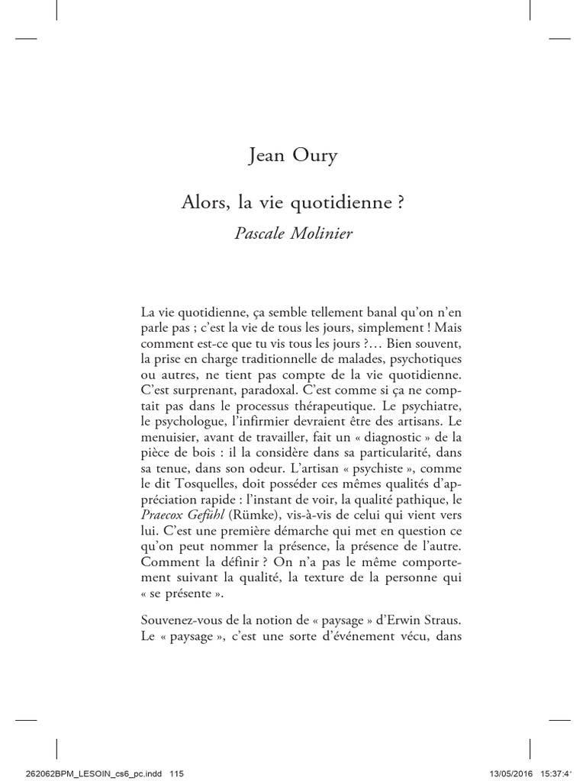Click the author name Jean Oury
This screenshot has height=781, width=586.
(293, 157)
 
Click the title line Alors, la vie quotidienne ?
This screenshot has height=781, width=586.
(293, 204)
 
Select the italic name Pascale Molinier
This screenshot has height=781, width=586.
(293, 233)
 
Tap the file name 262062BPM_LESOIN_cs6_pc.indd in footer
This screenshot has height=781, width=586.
(78, 773)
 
